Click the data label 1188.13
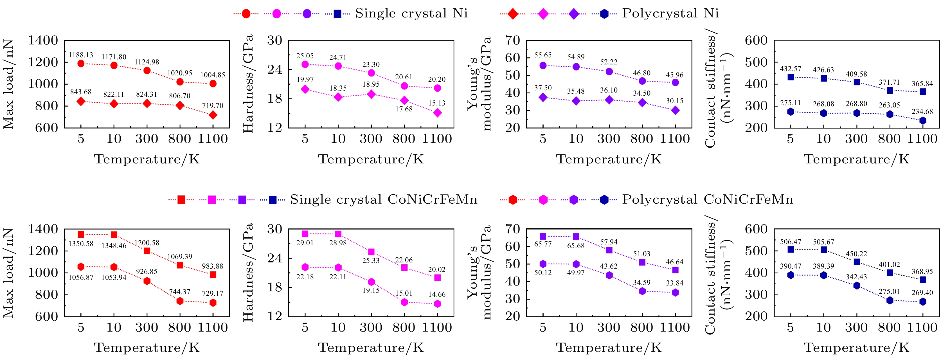(81, 55)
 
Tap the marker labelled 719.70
(213, 115)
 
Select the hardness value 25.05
(305, 56)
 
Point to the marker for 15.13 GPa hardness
(437, 113)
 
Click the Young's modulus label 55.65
(543, 55)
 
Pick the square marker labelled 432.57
(791, 77)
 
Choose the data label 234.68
(922, 111)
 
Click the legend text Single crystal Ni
(411, 13)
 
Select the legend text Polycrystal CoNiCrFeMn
(708, 200)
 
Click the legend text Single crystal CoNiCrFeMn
(384, 200)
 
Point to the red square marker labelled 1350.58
(81, 234)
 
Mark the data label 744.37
(180, 292)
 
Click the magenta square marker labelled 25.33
(371, 251)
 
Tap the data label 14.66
(437, 294)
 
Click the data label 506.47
(791, 242)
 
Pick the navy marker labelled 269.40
(923, 301)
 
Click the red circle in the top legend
(246, 14)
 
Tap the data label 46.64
(674, 262)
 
